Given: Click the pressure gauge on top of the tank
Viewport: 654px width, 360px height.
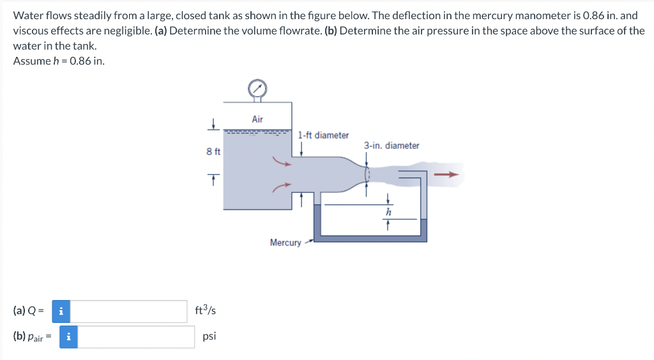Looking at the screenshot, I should pos(257,88).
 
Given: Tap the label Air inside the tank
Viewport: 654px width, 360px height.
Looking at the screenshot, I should pos(257,119).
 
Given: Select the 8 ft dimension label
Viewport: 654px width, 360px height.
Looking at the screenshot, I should pos(213,151).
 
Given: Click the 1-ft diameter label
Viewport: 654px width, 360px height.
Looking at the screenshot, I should pos(323,135).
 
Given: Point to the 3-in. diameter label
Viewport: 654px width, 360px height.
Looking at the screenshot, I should pos(392,146).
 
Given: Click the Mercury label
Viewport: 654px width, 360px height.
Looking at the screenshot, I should pos(285,243).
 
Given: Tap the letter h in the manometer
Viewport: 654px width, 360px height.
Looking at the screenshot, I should pos(388,212).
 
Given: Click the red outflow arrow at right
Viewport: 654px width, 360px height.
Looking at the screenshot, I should pos(446,174).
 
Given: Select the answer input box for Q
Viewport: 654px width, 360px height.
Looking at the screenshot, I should pos(130,311).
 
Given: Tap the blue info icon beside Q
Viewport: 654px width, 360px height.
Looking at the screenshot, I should pos(61,311).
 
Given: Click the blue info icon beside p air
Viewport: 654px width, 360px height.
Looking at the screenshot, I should pos(69,336).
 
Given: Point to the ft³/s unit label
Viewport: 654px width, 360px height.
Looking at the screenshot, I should pos(206,311).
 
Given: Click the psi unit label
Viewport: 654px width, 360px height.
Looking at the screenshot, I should pos(209,336).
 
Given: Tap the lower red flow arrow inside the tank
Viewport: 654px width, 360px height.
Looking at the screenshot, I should pos(282,186).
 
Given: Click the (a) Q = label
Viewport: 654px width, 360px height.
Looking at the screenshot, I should pos(29,311).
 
